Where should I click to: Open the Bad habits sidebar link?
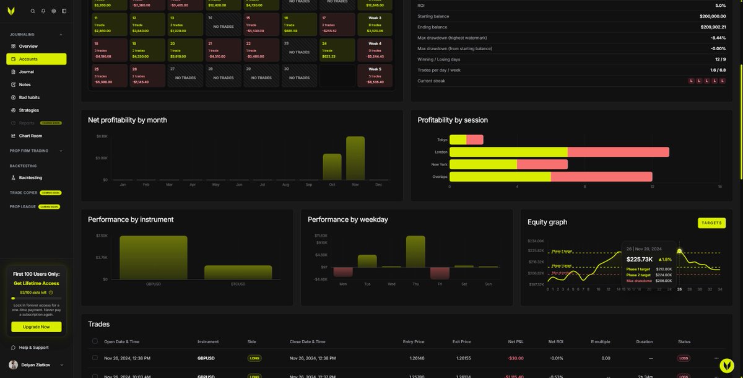(x=29, y=97)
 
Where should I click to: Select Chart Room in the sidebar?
(x=30, y=136)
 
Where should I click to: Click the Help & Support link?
(x=33, y=348)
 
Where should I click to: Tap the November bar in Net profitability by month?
(x=355, y=159)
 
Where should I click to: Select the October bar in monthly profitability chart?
(x=332, y=167)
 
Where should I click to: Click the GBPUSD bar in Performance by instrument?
(x=153, y=257)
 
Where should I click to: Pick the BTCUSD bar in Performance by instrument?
(x=238, y=272)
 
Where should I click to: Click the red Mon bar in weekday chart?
(x=342, y=271)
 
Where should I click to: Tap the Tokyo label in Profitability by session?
(x=442, y=140)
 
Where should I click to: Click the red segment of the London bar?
(x=618, y=152)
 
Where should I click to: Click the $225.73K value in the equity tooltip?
(x=640, y=259)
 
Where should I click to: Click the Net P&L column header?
(x=516, y=341)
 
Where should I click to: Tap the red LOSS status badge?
(x=684, y=358)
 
